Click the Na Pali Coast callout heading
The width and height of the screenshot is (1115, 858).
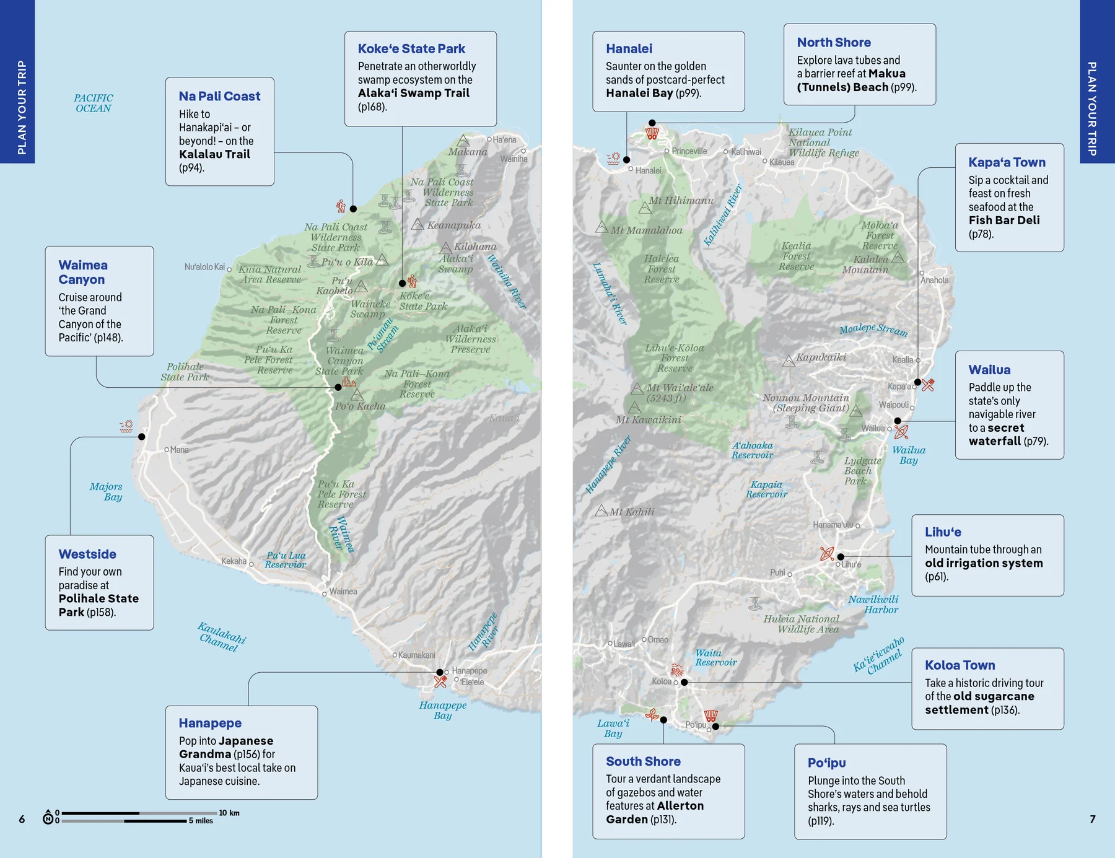219,97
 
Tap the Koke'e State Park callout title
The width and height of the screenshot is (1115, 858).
411,49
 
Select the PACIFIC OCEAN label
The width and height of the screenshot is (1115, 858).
94,103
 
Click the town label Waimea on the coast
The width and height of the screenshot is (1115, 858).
343,592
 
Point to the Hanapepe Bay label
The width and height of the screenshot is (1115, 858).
442,710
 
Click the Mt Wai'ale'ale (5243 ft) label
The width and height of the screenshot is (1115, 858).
680,393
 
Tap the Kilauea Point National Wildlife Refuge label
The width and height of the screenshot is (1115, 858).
823,142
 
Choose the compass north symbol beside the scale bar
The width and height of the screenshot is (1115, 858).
48,818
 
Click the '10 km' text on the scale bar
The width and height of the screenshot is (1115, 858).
229,813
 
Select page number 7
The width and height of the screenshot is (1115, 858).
1092,819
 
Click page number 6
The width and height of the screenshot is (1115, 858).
22,819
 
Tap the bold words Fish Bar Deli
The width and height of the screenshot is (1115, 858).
1003,221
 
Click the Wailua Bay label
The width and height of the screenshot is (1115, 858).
909,455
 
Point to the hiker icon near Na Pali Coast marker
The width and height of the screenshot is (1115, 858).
341,206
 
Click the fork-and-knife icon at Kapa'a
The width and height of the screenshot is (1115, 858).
927,385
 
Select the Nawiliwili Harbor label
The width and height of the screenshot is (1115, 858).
873,605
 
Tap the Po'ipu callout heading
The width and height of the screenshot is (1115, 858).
826,763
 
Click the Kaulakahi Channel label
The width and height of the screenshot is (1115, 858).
222,637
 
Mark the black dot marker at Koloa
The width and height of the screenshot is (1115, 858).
684,682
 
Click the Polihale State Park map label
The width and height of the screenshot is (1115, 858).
185,372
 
